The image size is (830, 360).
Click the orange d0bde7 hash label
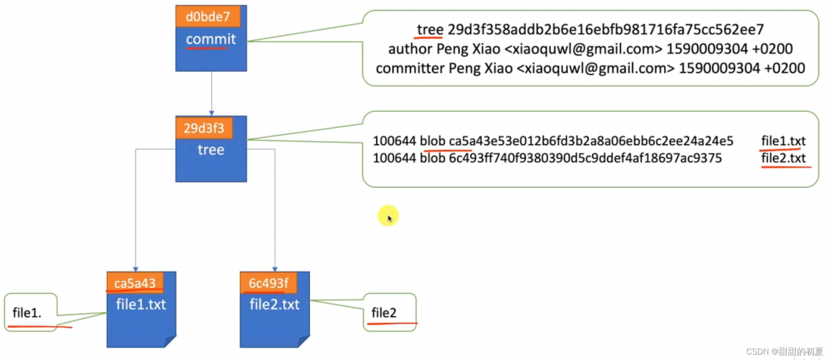203,17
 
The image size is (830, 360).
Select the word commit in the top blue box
211,40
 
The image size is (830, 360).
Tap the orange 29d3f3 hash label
203,128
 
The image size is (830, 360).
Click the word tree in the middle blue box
211,150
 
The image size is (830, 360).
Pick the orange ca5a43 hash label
135,283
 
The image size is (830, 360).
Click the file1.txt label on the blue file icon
141,304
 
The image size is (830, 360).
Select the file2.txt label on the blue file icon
275,304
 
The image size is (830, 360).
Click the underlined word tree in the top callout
430,30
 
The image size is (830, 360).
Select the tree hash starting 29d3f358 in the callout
606,30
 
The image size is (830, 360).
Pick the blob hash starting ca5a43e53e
591,141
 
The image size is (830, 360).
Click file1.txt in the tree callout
783,141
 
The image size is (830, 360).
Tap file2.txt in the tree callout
783,158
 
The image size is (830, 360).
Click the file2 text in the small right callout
384,313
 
